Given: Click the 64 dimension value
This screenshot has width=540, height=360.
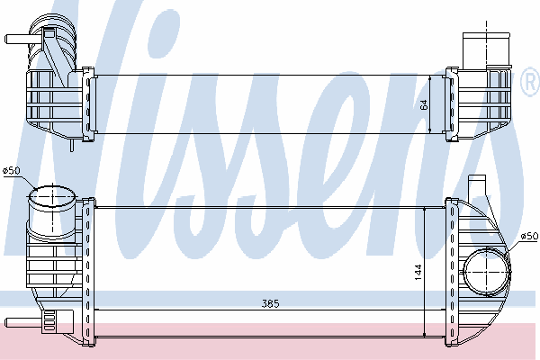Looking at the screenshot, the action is point(424,104).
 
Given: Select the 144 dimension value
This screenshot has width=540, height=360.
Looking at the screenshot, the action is point(418,272).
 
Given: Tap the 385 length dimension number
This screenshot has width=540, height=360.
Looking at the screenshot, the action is point(271,304).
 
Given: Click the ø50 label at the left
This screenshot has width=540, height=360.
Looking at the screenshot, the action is point(12,170).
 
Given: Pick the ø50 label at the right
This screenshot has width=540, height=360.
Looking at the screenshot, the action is point(529,236).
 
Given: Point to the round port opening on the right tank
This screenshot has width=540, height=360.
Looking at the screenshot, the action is point(487,272).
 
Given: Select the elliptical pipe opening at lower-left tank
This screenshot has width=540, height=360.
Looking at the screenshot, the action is point(52,197).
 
